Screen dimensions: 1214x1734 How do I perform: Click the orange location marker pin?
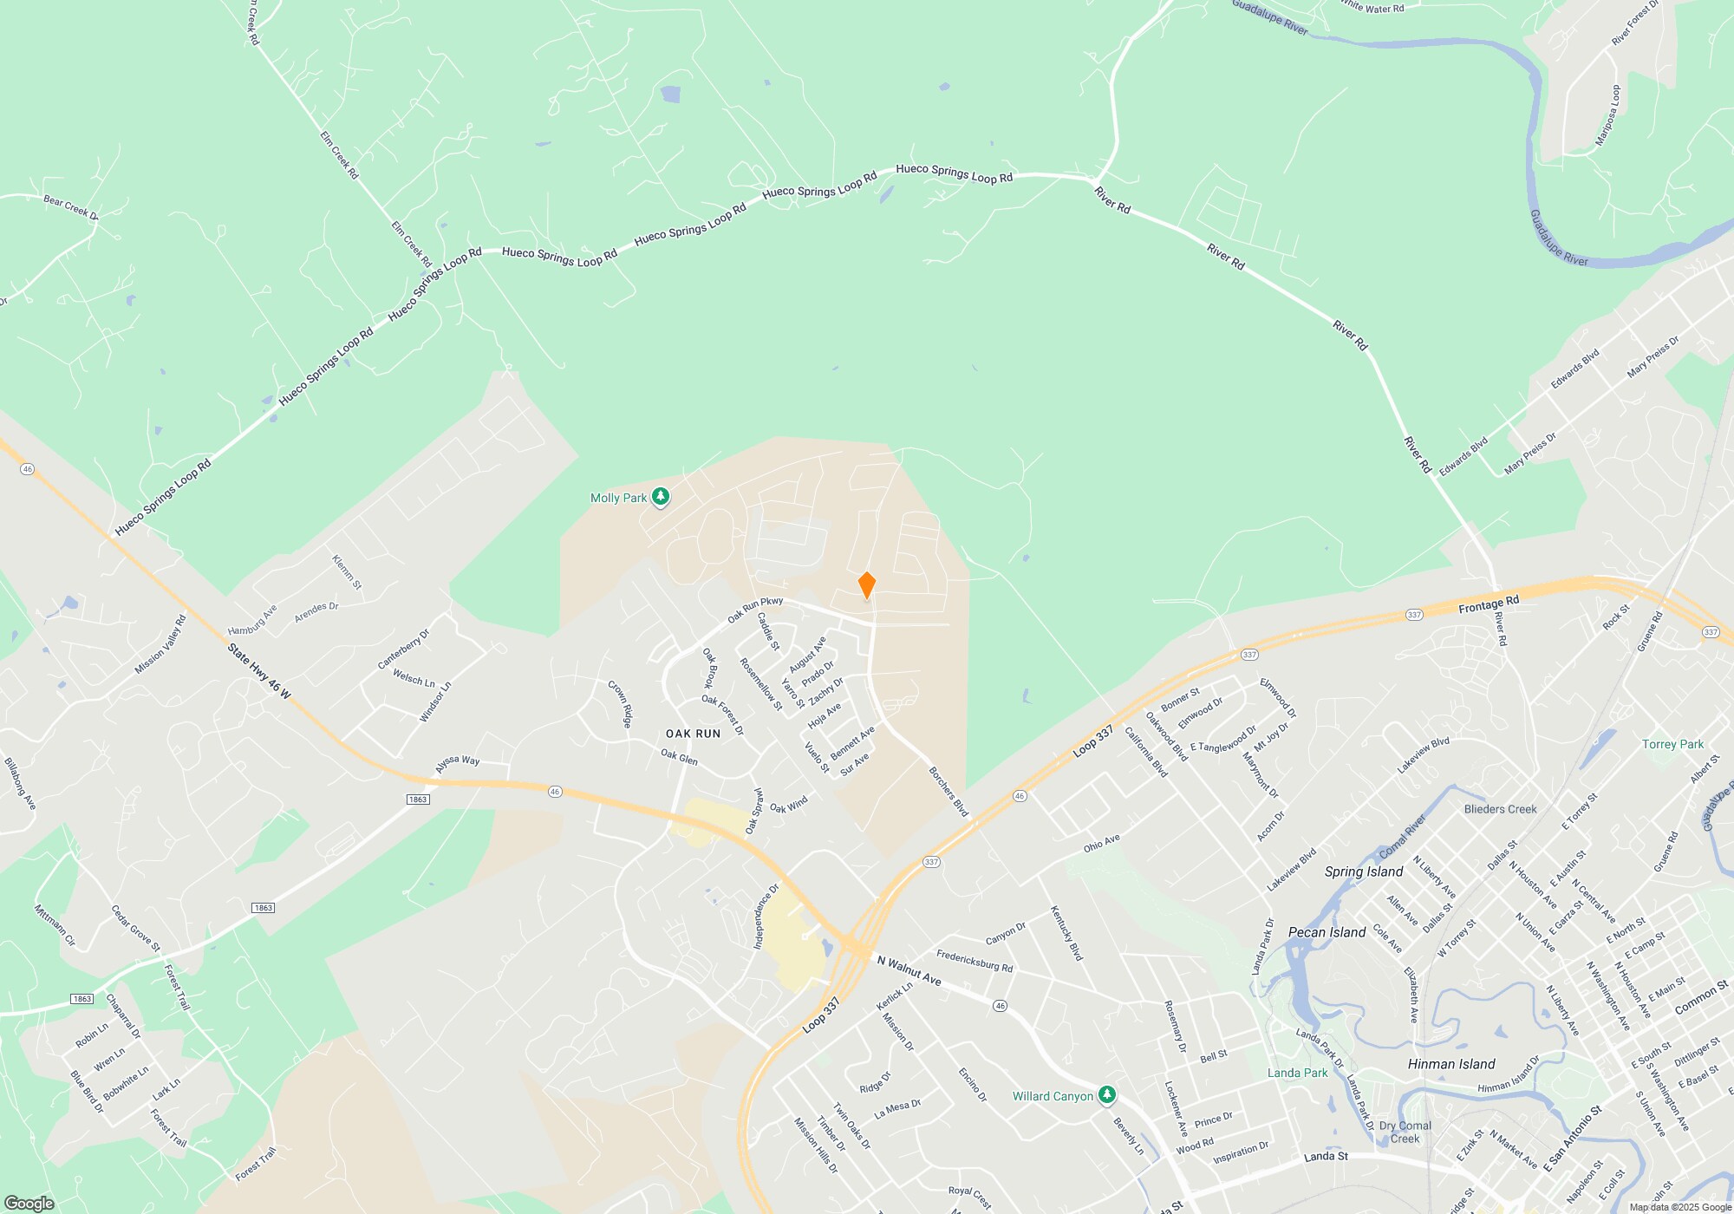click(866, 585)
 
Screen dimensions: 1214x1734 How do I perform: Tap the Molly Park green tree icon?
click(661, 497)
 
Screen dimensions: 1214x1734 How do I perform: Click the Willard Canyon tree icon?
click(1106, 1095)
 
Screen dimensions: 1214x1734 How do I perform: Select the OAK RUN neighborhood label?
click(693, 734)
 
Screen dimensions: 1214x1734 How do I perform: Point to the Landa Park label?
click(1297, 1073)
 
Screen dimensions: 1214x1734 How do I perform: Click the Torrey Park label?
click(1672, 744)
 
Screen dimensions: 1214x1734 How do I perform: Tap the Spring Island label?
click(1363, 871)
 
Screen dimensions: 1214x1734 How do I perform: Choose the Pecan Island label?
click(1327, 932)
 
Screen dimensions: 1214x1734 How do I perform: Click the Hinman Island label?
click(1451, 1064)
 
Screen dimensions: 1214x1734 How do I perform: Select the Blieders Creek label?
click(1500, 809)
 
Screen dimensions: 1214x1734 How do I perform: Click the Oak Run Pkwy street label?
click(754, 609)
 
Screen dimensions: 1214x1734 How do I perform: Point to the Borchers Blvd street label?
click(948, 791)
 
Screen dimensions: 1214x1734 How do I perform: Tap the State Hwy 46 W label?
click(259, 671)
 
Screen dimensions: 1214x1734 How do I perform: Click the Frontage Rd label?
click(1489, 604)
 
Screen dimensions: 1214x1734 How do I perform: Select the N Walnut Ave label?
click(909, 971)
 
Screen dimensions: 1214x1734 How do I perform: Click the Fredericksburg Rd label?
click(975, 962)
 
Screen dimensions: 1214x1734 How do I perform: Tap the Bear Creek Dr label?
click(71, 206)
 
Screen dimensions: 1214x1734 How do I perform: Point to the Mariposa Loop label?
click(1607, 115)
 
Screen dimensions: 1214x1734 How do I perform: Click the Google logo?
click(29, 1203)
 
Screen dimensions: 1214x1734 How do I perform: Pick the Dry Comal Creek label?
click(1405, 1132)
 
